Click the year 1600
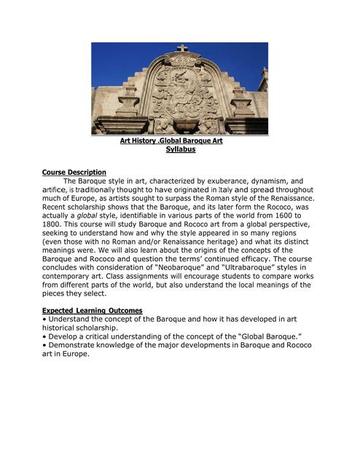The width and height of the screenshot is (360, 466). (x=291, y=216)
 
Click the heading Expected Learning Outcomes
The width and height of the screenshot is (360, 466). (x=92, y=311)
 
